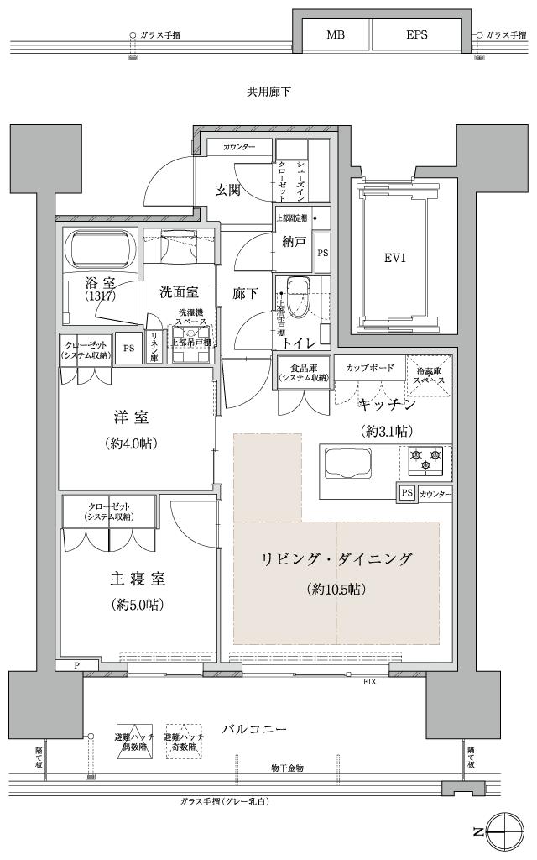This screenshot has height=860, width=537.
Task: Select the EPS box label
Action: (x=417, y=35)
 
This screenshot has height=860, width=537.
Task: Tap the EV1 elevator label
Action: (x=395, y=259)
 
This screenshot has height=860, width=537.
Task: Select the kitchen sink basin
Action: (x=348, y=463)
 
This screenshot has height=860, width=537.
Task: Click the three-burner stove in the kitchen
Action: (x=425, y=460)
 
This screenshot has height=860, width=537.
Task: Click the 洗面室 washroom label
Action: (x=180, y=292)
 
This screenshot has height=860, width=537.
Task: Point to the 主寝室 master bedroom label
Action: (x=137, y=579)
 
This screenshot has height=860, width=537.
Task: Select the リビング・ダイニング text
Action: (x=336, y=558)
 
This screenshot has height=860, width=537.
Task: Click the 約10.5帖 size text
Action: (x=336, y=589)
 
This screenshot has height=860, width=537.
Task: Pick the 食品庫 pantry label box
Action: (x=303, y=370)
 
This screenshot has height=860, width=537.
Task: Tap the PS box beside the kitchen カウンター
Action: (x=407, y=493)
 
